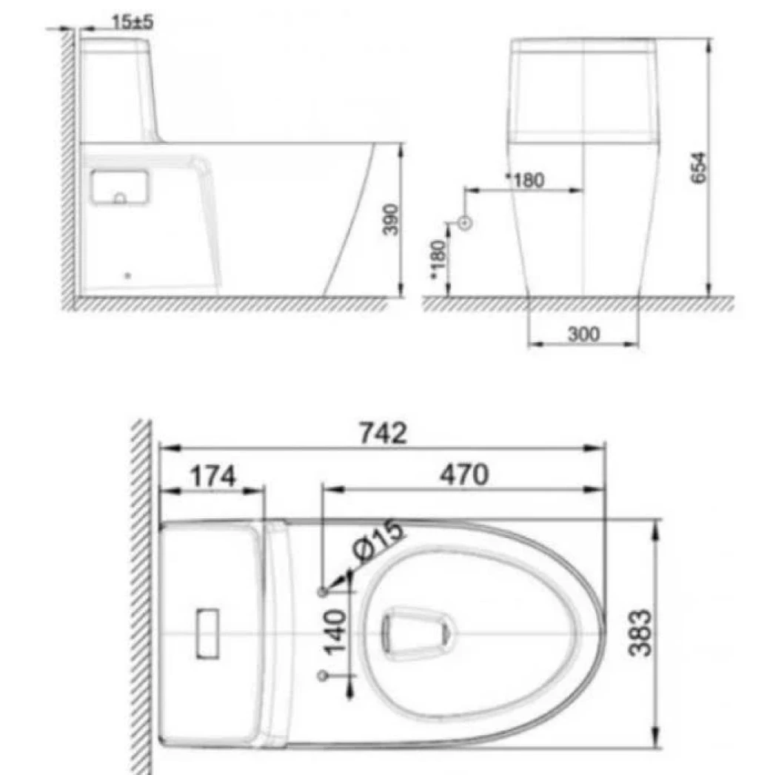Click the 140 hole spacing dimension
click(335, 631)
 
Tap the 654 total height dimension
click(698, 168)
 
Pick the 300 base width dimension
click(583, 335)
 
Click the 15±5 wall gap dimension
click(133, 22)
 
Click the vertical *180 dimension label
click(438, 259)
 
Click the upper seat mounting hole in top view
click(322, 591)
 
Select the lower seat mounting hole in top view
click(322, 675)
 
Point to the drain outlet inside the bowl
click(415, 631)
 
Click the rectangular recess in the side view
click(119, 187)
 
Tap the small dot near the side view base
click(128, 276)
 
